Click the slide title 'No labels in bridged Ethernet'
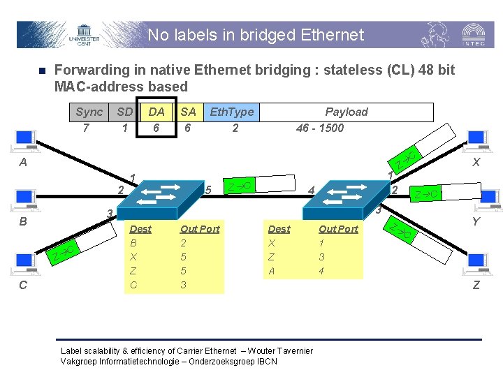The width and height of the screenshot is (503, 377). tap(256, 35)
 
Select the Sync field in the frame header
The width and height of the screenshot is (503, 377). tap(89, 112)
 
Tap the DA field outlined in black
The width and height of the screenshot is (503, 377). tap(156, 112)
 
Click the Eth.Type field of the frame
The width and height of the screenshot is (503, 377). tap(232, 112)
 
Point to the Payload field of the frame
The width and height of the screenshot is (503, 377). tap(346, 112)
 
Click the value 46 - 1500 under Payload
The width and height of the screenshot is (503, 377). tap(320, 128)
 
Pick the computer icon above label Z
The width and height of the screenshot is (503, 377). tap(477, 264)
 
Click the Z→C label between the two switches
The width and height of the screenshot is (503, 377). tap(240, 186)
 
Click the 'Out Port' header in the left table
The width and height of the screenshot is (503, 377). tap(200, 229)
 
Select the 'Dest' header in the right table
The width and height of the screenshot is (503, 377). tap(279, 229)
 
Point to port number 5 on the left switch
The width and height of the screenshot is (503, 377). tap(208, 190)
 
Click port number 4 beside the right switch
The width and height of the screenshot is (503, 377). tap(312, 189)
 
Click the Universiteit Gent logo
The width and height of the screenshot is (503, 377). tap(84, 35)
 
